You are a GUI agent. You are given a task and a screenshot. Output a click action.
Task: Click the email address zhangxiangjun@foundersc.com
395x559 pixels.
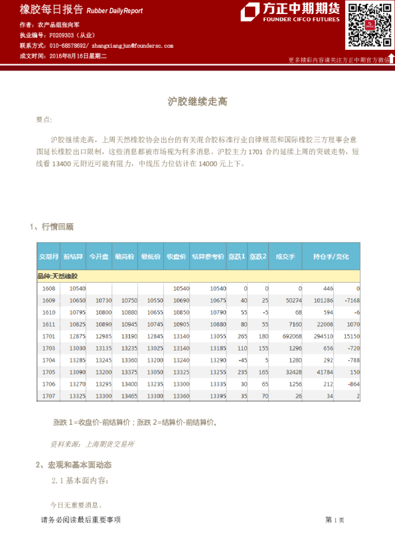click(x=132, y=46)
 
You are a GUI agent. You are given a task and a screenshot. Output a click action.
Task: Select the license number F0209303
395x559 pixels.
click(x=64, y=35)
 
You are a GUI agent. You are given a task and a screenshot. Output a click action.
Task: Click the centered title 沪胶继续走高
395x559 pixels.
click(x=197, y=102)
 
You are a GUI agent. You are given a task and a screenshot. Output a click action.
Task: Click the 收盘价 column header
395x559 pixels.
click(x=176, y=256)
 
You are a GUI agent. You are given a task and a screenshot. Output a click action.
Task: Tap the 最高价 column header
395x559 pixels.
click(x=124, y=256)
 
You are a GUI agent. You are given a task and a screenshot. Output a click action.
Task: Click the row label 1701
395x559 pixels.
click(x=48, y=337)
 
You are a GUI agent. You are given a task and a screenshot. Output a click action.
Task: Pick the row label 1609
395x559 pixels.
click(x=48, y=301)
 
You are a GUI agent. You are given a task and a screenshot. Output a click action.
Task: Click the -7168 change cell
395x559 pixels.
click(x=349, y=301)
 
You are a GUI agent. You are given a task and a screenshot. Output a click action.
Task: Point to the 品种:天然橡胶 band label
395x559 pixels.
click(x=58, y=276)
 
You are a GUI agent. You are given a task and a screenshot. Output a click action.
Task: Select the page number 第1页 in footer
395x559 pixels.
click(x=335, y=520)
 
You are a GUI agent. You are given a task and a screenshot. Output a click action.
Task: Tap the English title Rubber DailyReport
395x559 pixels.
click(x=115, y=11)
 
